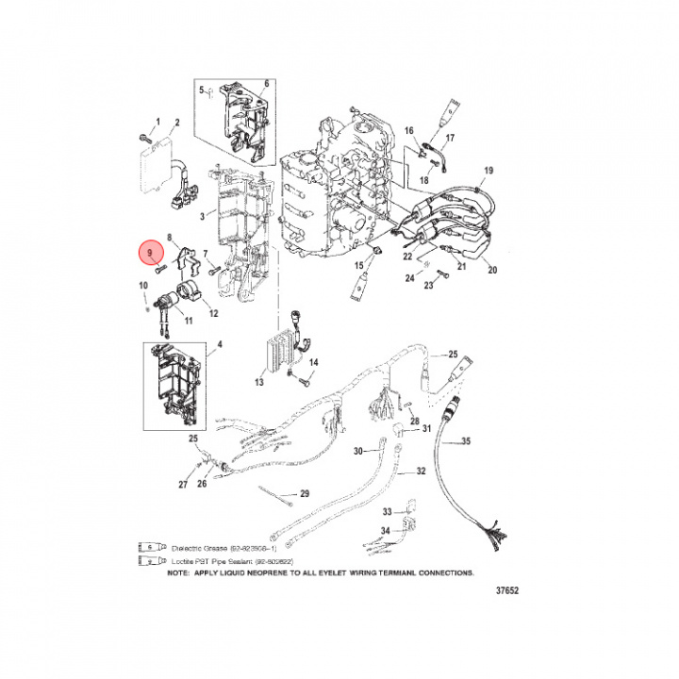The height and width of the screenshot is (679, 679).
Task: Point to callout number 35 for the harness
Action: (x=465, y=441)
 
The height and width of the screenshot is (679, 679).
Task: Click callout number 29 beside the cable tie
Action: (x=304, y=493)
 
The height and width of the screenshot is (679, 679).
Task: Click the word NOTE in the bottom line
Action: (x=178, y=572)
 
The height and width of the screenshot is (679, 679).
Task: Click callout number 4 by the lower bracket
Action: (x=221, y=346)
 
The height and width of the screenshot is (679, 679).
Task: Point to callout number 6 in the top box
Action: (x=266, y=84)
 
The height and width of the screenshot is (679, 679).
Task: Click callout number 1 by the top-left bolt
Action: (x=158, y=122)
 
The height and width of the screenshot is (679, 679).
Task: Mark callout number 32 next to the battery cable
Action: (x=421, y=471)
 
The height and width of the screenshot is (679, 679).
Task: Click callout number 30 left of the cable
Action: (x=357, y=451)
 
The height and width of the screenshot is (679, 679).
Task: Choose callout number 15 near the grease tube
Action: (x=358, y=268)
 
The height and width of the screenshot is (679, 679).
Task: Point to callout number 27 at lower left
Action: (x=183, y=485)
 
